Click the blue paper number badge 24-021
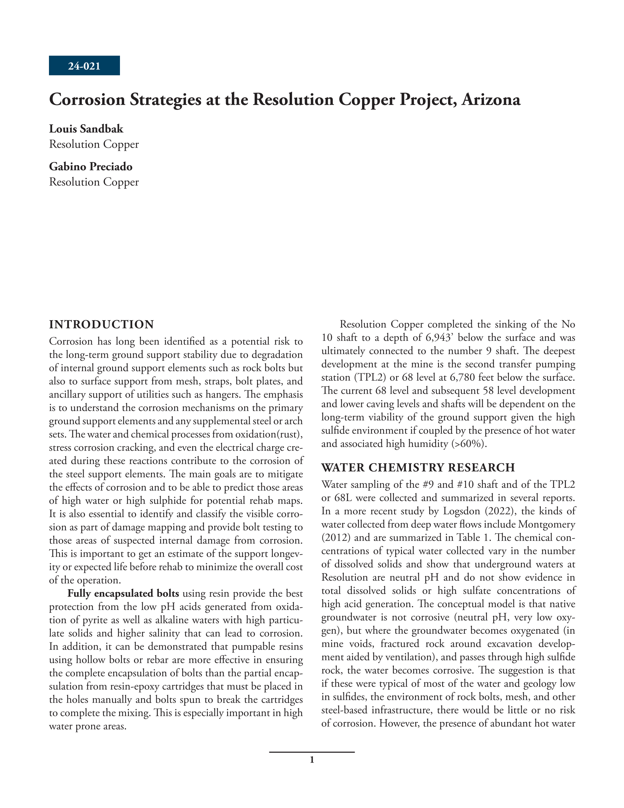(x=84, y=66)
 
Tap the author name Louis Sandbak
(x=86, y=129)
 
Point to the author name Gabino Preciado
(x=91, y=167)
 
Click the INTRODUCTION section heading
(x=101, y=324)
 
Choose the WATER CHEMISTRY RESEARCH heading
(x=418, y=467)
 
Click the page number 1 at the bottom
(x=312, y=760)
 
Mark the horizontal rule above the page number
(x=312, y=752)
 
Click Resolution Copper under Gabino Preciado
(x=94, y=182)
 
